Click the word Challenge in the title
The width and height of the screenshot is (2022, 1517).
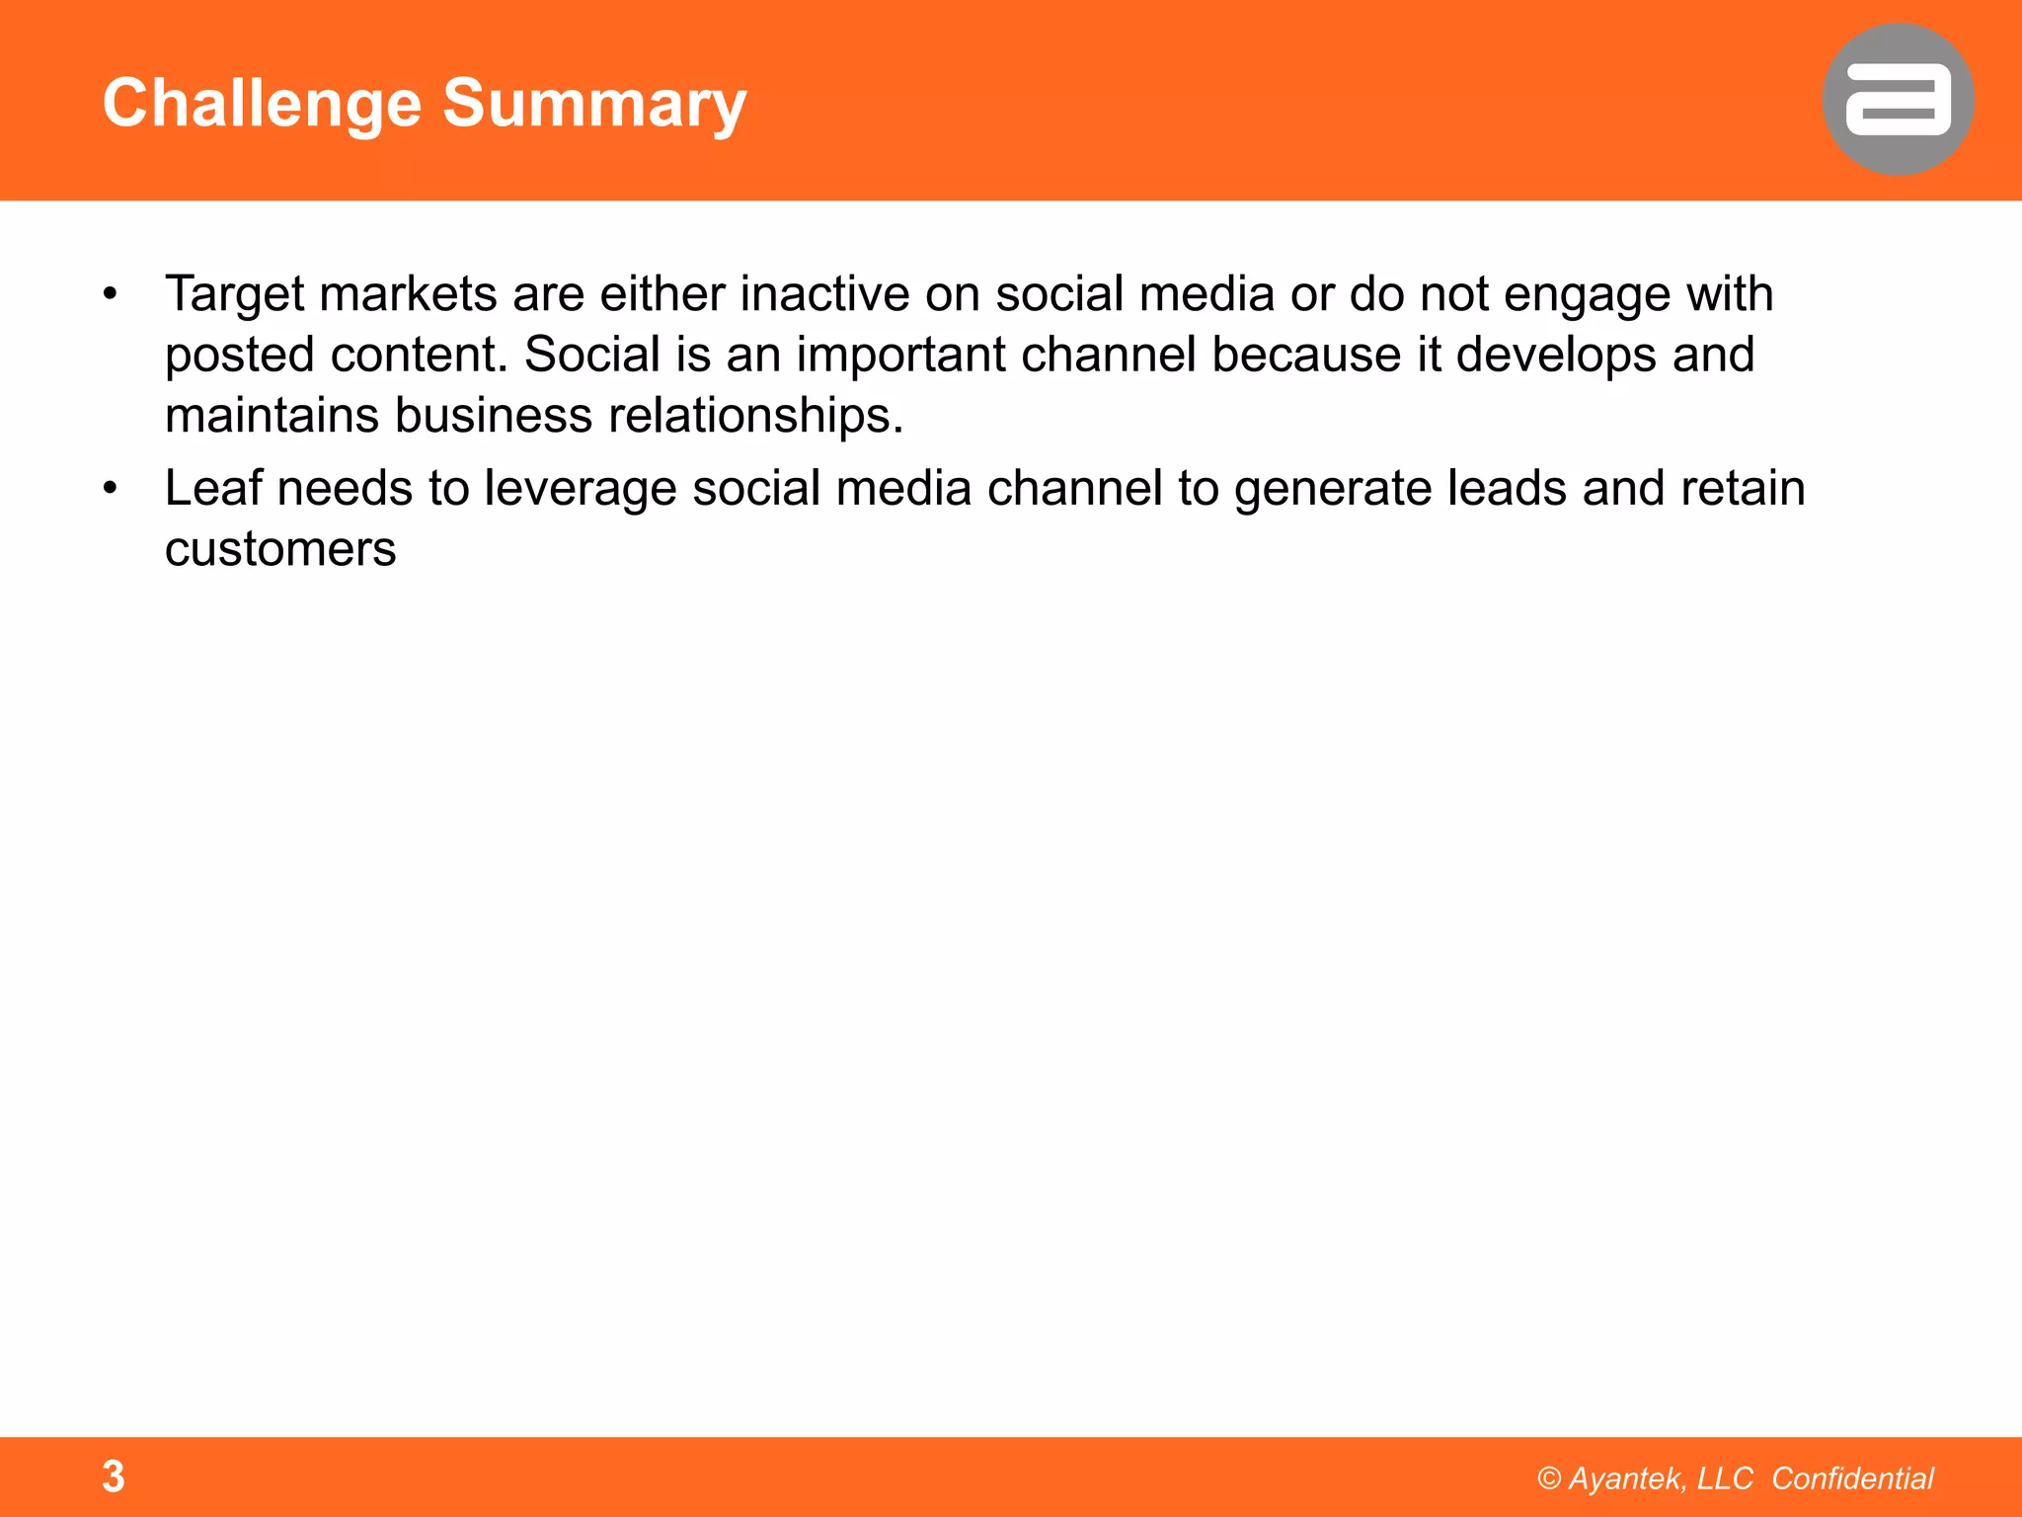point(262,104)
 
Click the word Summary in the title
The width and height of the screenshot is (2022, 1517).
point(594,104)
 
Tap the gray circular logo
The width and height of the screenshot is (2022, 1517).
point(1898,100)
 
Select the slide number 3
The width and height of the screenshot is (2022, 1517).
point(114,1477)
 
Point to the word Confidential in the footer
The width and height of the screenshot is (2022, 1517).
point(1852,1478)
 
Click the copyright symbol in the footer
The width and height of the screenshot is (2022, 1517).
point(1549,1478)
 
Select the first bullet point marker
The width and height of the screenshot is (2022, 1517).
point(111,294)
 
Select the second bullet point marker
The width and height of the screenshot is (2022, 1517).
point(111,488)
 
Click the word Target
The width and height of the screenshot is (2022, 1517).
point(234,294)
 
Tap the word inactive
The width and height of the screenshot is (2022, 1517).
point(824,294)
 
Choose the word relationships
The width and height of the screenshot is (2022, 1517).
point(755,415)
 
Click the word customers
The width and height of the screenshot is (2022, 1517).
point(280,549)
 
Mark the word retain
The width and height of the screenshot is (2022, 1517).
point(1743,488)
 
